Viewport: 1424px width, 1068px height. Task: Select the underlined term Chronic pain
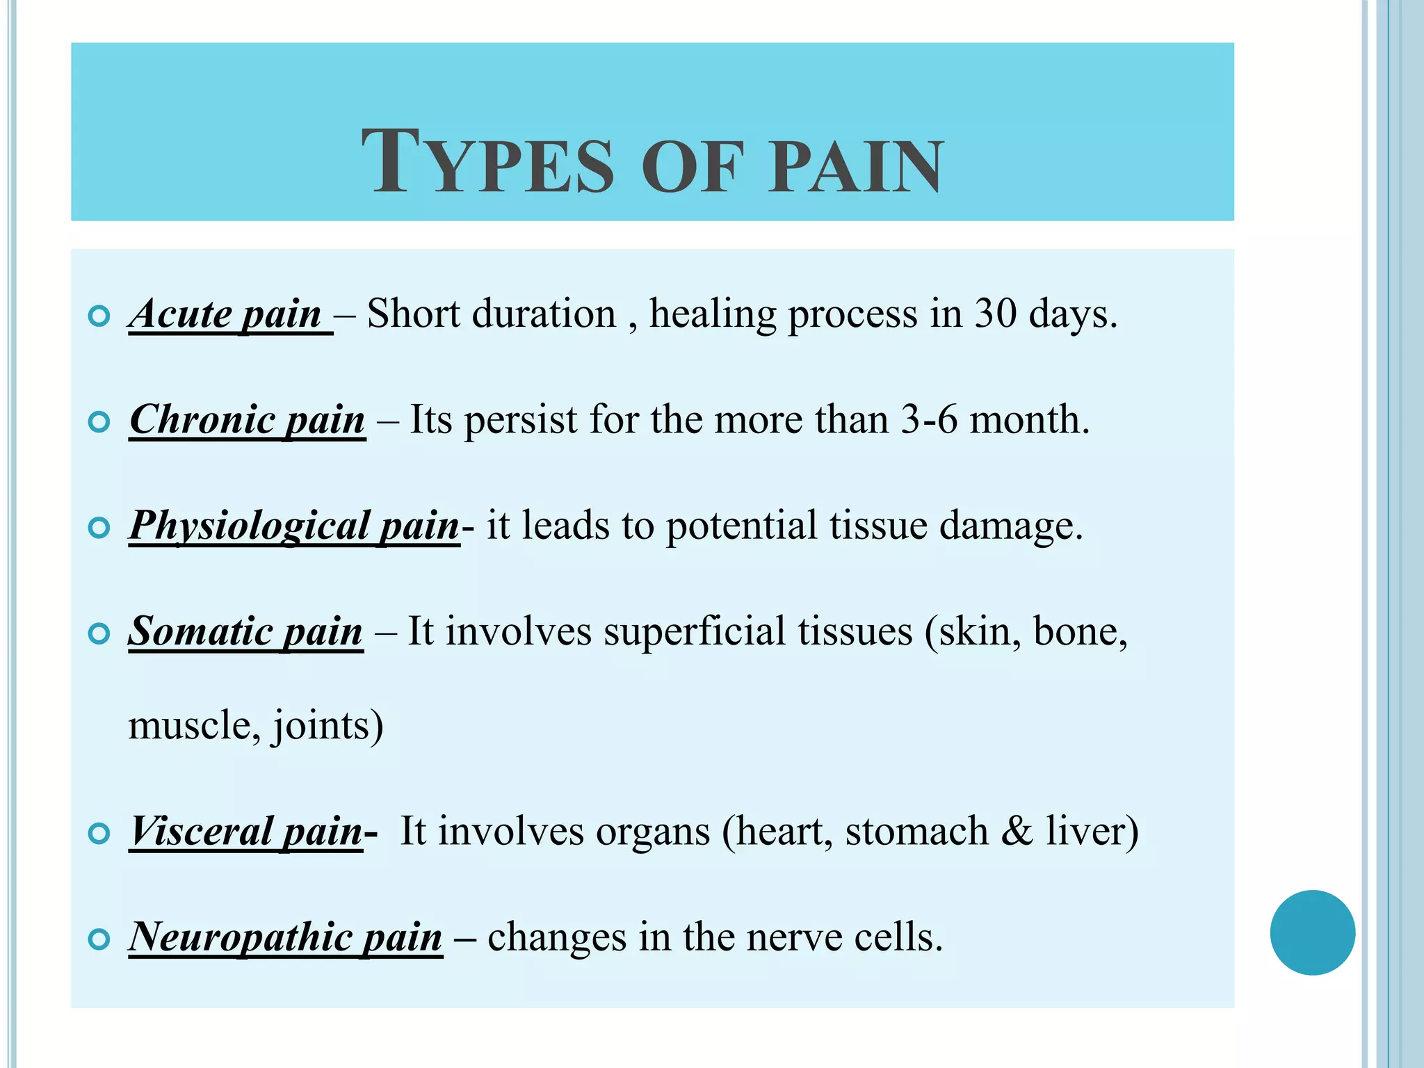248,420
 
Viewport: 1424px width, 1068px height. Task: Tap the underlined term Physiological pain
294,526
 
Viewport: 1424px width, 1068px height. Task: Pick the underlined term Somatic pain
245,631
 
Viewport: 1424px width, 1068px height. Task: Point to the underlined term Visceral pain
247,831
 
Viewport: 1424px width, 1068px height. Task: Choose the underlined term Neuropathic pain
286,937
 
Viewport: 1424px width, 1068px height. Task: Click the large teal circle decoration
1312,932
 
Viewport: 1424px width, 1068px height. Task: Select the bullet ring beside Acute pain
100,316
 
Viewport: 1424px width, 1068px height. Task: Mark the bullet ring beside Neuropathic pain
100,939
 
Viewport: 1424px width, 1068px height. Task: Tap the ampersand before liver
1017,831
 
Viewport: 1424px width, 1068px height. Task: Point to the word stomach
916,831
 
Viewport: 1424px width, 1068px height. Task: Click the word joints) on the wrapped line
327,726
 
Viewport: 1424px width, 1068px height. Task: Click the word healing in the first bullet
712,314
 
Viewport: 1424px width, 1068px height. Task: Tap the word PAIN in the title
855,167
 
